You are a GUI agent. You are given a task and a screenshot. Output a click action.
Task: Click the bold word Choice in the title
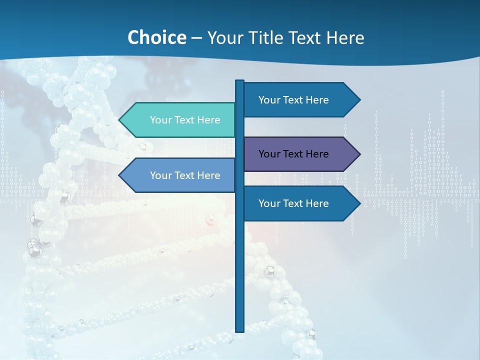[156, 37]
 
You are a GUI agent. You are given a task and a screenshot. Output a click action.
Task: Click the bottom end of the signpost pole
[240, 330]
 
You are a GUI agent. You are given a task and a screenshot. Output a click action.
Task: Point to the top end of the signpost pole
[240, 81]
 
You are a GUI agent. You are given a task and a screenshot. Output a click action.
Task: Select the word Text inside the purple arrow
[293, 154]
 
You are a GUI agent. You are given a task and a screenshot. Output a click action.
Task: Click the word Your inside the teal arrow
[160, 120]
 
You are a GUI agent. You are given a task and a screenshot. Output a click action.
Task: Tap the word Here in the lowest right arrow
[317, 203]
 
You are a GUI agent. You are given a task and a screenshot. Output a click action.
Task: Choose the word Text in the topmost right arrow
[293, 100]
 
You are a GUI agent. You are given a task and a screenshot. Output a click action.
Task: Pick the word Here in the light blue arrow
[208, 175]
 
